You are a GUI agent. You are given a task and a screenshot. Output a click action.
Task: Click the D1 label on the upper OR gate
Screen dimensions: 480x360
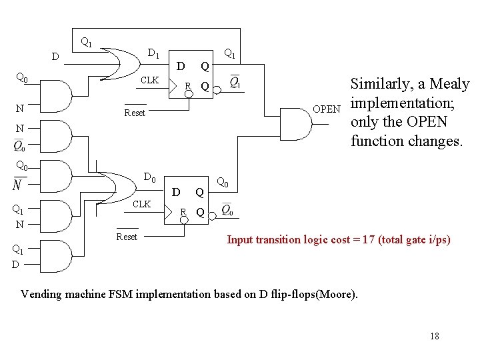(x=153, y=53)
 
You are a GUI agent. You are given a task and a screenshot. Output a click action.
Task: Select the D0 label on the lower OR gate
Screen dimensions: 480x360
(x=150, y=178)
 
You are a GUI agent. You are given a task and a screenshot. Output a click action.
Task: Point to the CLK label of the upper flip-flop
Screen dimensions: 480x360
(x=150, y=80)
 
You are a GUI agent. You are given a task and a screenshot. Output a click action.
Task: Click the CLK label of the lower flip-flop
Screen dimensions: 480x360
(x=141, y=204)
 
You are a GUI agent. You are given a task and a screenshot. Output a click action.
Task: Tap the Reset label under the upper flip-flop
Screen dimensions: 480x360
(x=135, y=113)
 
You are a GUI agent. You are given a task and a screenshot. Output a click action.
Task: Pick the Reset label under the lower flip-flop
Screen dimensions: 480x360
(x=127, y=237)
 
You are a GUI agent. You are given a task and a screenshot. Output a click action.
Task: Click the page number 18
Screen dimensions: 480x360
(x=435, y=336)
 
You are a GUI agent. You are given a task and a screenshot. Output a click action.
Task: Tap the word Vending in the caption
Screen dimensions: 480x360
(x=41, y=293)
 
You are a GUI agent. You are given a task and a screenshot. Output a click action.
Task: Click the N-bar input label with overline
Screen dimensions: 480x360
(x=17, y=183)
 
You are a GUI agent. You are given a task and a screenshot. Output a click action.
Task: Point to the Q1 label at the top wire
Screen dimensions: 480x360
(x=86, y=42)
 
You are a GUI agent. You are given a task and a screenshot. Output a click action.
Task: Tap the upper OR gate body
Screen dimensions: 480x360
(x=123, y=63)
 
